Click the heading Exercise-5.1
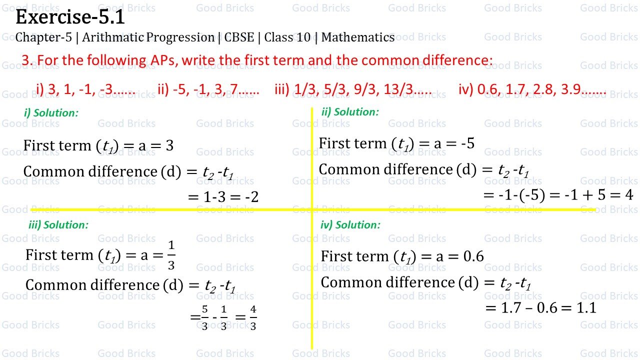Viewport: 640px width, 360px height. [70, 17]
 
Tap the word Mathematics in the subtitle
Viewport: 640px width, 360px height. [358, 37]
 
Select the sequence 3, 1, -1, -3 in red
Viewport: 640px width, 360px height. [91, 89]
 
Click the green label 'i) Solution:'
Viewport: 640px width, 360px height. [51, 113]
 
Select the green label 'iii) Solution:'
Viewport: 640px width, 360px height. [58, 225]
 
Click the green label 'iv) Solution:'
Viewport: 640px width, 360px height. [350, 225]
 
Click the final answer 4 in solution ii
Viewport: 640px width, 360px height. [629, 195]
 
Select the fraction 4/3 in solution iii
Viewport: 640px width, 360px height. [253, 318]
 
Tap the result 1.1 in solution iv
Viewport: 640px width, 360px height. [586, 308]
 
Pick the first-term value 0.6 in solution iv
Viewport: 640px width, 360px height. [473, 256]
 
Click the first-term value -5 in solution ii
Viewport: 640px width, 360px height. [467, 144]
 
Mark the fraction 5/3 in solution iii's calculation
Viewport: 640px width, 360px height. [205, 318]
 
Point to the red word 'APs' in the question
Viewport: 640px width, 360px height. [163, 60]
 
